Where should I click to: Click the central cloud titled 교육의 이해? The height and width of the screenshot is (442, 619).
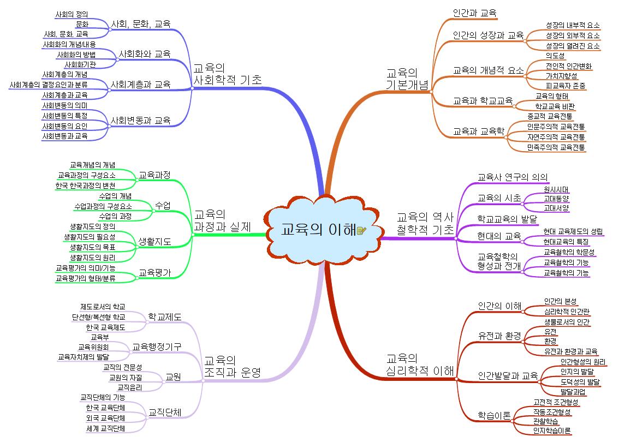click(x=317, y=230)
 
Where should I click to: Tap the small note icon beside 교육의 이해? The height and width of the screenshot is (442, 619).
click(x=361, y=231)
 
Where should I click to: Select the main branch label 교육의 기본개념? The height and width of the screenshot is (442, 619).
click(x=407, y=79)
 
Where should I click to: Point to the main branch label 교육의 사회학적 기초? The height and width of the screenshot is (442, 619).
click(x=227, y=74)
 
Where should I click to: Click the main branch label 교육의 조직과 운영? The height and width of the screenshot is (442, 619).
click(x=231, y=366)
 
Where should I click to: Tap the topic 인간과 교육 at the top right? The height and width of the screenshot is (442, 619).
click(x=474, y=13)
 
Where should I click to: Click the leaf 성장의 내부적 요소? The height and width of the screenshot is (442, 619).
click(x=572, y=25)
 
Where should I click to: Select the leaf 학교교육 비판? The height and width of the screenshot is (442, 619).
click(x=555, y=106)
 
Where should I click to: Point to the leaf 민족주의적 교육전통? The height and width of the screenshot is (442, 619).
click(x=556, y=147)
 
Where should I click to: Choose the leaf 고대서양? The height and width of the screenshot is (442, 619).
click(x=556, y=208)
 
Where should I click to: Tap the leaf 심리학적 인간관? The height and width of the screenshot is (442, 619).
click(x=567, y=312)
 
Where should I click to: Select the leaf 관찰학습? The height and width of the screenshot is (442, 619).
click(x=546, y=421)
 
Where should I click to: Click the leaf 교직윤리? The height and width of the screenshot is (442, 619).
click(x=129, y=387)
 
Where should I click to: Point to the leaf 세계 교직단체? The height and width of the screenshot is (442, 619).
click(x=105, y=428)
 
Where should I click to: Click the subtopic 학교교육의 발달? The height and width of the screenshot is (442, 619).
click(x=507, y=219)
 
